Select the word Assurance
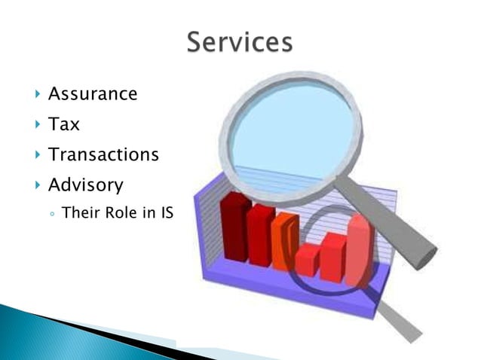[93, 94]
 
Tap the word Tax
[64, 124]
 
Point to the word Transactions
[103, 154]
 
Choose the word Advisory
[86, 185]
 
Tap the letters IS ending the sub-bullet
[166, 213]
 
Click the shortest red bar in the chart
[307, 260]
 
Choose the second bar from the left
[261, 235]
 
